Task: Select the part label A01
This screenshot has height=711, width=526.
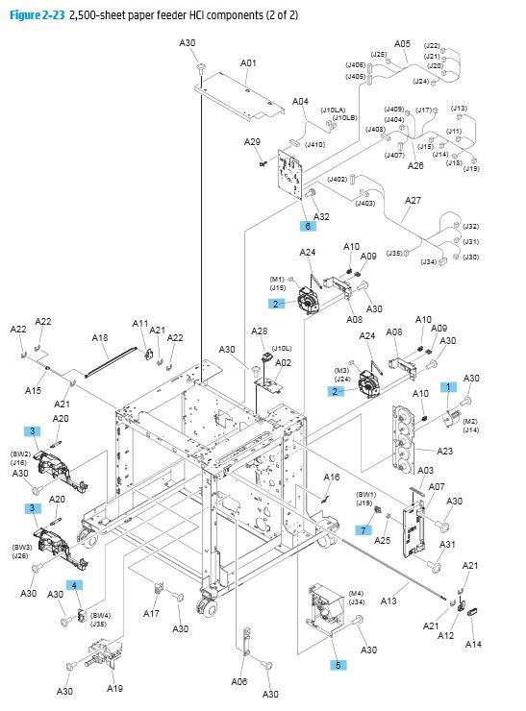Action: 248,63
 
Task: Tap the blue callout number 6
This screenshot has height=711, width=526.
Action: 308,227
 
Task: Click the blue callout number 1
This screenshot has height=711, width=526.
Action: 445,386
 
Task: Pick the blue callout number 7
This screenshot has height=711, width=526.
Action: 363,529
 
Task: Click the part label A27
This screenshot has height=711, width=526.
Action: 412,201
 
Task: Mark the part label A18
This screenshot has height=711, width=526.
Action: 99,337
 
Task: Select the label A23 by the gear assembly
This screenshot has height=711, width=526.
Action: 445,451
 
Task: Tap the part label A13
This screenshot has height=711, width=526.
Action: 388,601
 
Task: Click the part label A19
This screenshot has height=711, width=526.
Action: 114,688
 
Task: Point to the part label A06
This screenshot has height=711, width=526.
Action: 239,681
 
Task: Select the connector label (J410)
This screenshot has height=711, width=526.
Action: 314,145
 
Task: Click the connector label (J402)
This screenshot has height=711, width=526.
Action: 338,180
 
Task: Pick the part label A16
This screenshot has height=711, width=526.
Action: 332,478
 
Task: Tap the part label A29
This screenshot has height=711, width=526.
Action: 252,142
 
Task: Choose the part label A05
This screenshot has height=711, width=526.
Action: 402,44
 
